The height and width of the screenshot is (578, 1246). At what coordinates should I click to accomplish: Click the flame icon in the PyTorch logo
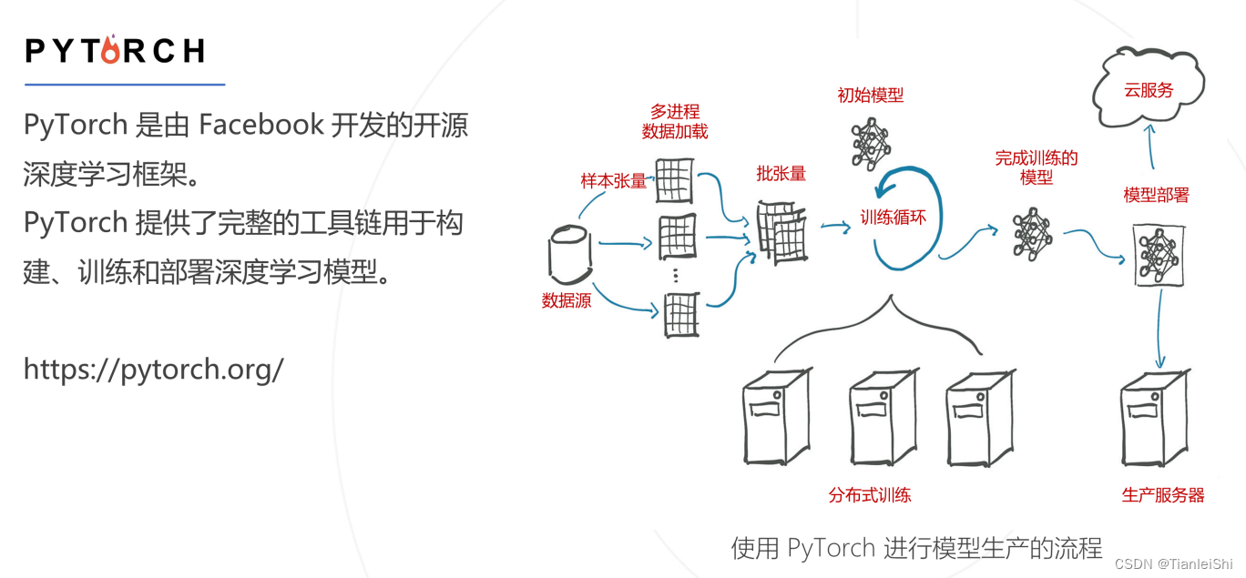(x=110, y=49)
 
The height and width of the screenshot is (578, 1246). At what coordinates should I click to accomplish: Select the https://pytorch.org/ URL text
(x=153, y=369)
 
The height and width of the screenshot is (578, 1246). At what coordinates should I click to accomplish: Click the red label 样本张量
(x=613, y=181)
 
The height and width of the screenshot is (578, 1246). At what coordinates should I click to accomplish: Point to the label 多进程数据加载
(x=675, y=121)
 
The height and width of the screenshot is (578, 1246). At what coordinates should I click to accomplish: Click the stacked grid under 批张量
(x=780, y=232)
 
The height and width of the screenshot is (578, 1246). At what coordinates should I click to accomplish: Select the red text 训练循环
(x=894, y=218)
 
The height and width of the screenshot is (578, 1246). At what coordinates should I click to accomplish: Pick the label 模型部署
(x=1156, y=195)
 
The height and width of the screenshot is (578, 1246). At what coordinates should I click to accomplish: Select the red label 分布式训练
(x=870, y=495)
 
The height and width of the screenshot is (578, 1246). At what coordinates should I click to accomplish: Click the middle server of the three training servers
(x=882, y=417)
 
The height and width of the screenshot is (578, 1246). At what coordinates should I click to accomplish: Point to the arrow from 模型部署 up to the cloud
(x=1151, y=146)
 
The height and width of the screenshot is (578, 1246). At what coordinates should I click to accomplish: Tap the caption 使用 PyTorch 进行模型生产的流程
(x=916, y=548)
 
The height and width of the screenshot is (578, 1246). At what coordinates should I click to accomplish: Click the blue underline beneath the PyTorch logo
(x=125, y=85)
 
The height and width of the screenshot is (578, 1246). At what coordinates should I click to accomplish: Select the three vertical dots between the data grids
(x=675, y=276)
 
